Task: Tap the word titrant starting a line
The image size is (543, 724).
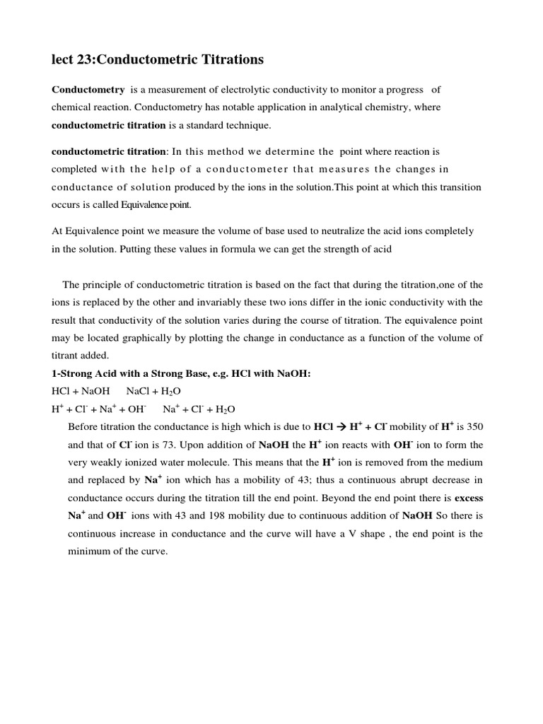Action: (66, 356)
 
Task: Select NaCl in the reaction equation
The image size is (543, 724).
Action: (139, 391)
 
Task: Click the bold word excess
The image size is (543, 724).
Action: (468, 498)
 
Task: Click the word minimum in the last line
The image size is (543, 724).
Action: (88, 551)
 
